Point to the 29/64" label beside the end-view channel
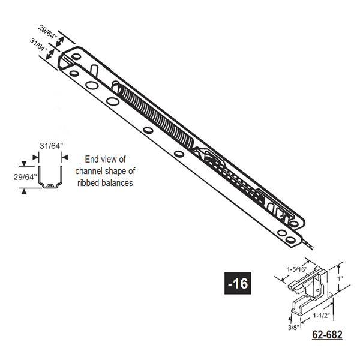pyautogui.click(x=25, y=177)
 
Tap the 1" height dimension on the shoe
pyautogui.click(x=340, y=278)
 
